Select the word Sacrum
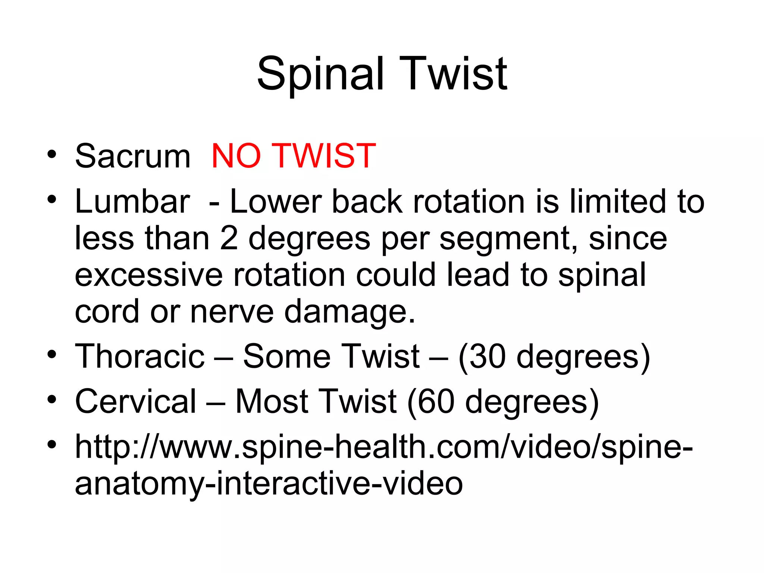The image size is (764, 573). (133, 156)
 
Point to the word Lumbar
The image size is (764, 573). (133, 201)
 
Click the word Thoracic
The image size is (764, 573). (140, 356)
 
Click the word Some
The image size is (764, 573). (286, 356)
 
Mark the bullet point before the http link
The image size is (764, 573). (52, 444)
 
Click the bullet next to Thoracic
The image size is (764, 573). (52, 354)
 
